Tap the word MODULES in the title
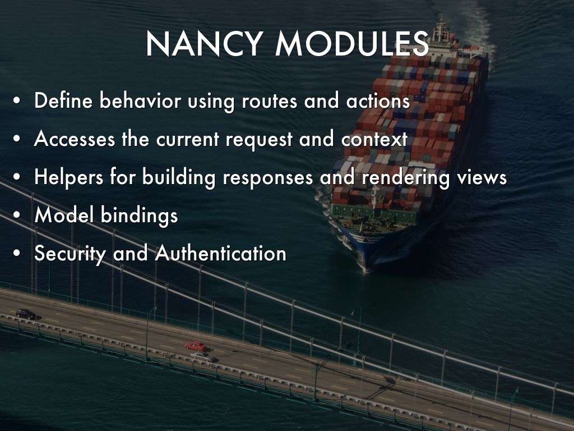pyautogui.click(x=352, y=44)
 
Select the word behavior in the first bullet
pyautogui.click(x=140, y=100)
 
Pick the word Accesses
pyautogui.click(x=75, y=139)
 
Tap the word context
pyautogui.click(x=374, y=139)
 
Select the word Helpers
pyautogui.click(x=69, y=177)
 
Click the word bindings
pyautogui.click(x=139, y=215)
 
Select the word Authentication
pyautogui.click(x=220, y=253)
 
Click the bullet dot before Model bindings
pyautogui.click(x=16, y=215)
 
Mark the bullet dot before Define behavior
pyautogui.click(x=16, y=101)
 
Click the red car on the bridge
pyautogui.click(x=195, y=346)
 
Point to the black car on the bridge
pyautogui.click(x=26, y=314)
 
